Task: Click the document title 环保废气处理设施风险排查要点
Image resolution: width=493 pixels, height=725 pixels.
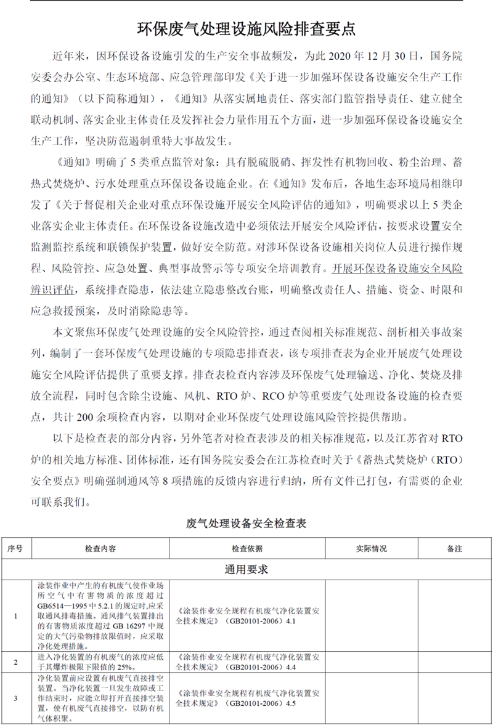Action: coord(246,29)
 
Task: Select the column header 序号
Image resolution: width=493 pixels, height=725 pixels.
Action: coord(15,548)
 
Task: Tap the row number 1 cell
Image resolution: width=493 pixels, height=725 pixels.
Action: coord(15,615)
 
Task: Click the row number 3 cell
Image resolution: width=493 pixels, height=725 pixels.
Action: coord(15,697)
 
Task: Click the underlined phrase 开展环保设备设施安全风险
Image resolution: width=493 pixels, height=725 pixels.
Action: coord(397,269)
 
